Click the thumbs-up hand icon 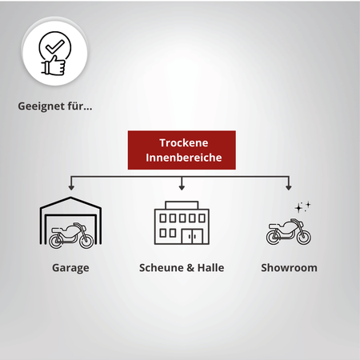click(54, 65)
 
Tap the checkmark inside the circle click(55, 46)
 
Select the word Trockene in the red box click(184, 142)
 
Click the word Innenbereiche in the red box click(184, 158)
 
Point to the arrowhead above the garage click(71, 187)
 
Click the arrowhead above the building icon click(182, 187)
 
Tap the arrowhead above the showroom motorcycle click(288, 187)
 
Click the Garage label click(70, 268)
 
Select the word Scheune click(162, 267)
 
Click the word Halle click(210, 267)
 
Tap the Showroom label click(289, 267)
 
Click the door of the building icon click(192, 237)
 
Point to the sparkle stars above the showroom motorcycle click(302, 207)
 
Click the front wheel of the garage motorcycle click(87, 241)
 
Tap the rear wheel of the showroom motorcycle click(274, 237)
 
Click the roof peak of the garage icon click(70, 198)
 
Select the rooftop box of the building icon click(182, 205)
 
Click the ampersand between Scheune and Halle click(190, 268)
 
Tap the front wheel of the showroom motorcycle click(304, 237)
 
